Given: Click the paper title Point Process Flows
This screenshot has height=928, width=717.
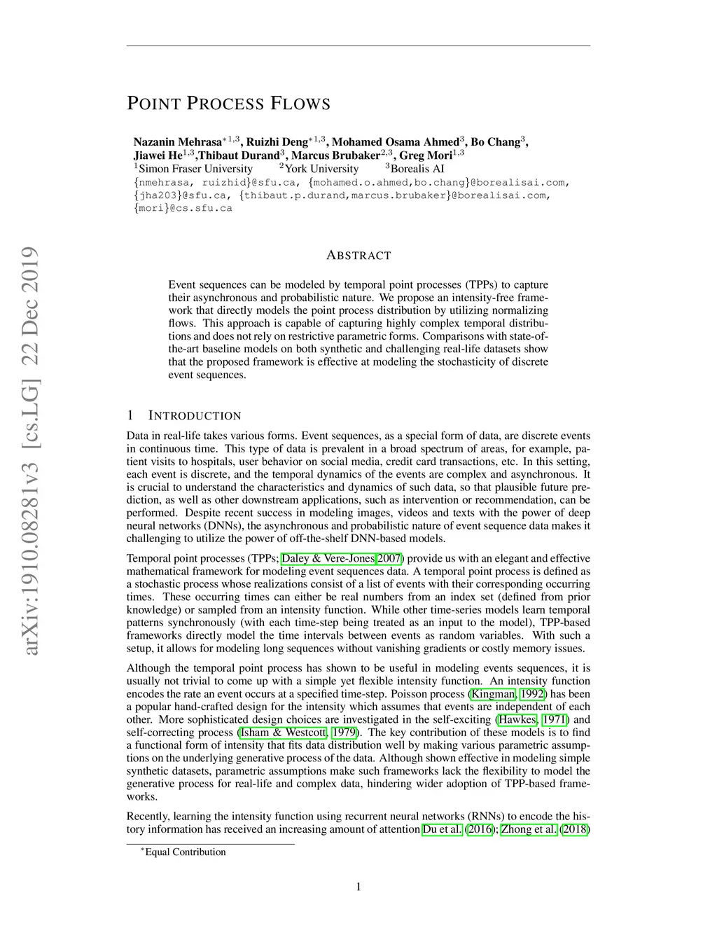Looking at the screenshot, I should point(228,104).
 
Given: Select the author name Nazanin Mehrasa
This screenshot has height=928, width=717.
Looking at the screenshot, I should point(177,142).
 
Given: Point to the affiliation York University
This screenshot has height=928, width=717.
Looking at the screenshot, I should point(321,169).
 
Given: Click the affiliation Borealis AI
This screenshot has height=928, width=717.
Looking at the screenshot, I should point(417,169).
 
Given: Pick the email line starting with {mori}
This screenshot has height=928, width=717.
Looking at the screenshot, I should point(183,208).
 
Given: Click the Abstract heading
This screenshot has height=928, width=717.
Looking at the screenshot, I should point(358,256).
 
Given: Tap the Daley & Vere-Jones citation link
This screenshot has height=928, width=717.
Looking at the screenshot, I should point(328,558).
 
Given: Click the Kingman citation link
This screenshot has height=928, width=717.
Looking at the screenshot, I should point(494,694).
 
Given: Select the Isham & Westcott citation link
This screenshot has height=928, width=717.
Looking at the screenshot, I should point(283,733).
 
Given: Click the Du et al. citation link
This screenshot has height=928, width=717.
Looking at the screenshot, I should point(443,829).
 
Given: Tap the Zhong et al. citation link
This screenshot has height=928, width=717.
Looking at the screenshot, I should point(529,829).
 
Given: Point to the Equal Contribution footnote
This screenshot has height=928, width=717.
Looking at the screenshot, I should point(185,852).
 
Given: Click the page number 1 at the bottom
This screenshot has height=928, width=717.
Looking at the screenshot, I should point(358,887).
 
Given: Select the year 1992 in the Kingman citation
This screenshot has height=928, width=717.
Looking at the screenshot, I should point(532,694).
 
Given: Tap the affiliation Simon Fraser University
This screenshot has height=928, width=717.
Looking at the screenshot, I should point(195,169).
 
